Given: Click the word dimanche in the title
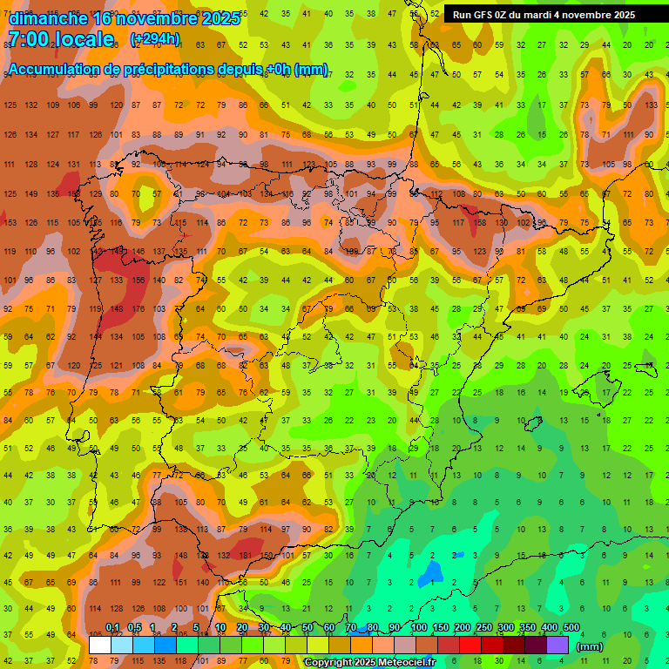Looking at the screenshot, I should click(x=48, y=18).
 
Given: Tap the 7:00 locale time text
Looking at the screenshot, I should click(x=61, y=39).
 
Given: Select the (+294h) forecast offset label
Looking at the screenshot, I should click(x=155, y=39).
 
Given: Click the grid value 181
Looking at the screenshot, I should click(x=246, y=555).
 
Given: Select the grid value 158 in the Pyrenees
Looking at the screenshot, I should click(x=479, y=223).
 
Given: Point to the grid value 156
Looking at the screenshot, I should click(x=139, y=280).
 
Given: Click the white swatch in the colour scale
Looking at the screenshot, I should click(x=100, y=645).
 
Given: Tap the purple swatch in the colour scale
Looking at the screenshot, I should click(x=557, y=645).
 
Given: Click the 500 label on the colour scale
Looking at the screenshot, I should click(x=571, y=628).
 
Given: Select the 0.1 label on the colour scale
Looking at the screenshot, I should click(x=112, y=628).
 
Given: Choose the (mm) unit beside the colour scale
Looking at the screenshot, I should click(x=590, y=646).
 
